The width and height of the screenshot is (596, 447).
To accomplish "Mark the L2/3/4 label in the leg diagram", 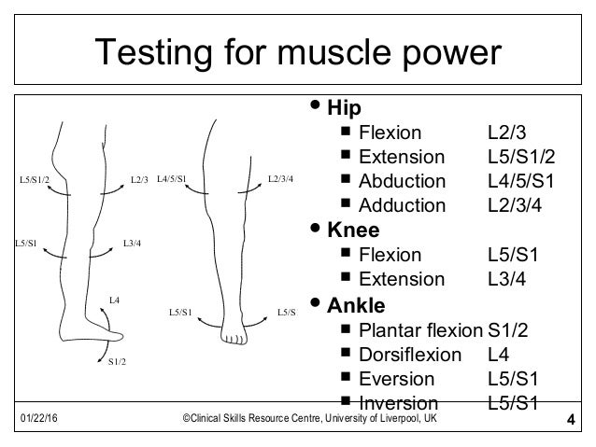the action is coord(280,176).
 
